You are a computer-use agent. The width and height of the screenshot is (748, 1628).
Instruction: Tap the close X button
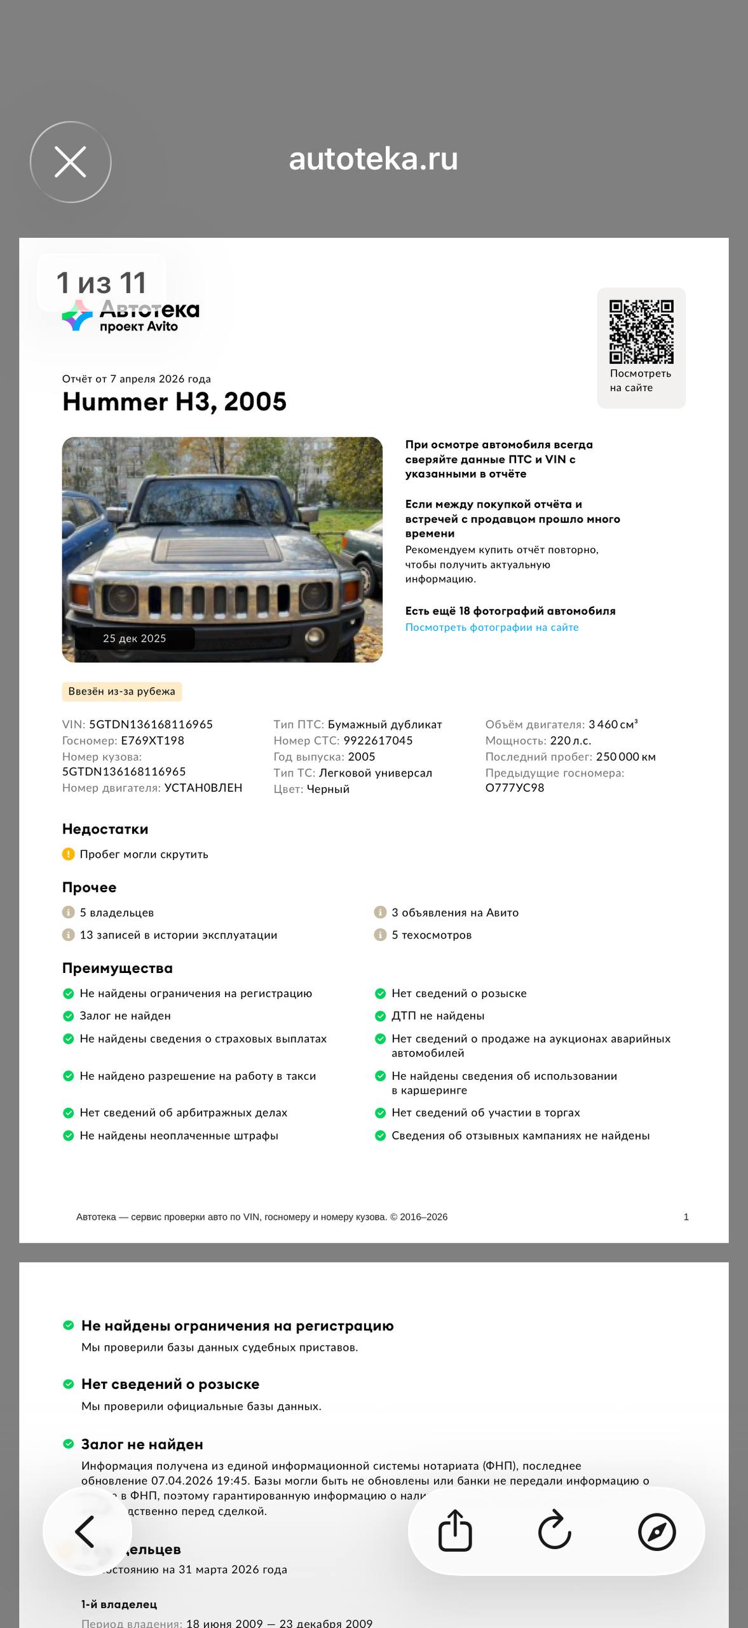[71, 162]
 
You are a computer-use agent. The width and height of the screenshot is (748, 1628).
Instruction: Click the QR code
[641, 331]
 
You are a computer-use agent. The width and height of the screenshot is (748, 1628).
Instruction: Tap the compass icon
[656, 1531]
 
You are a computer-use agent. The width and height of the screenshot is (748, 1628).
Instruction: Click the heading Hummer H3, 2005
[174, 402]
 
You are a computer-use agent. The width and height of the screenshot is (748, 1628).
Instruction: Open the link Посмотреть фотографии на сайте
[492, 627]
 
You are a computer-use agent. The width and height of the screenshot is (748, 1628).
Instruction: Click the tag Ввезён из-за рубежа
[121, 691]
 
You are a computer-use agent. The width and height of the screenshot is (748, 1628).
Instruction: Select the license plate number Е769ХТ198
[153, 740]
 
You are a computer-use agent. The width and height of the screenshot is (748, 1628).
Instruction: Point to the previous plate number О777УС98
[515, 787]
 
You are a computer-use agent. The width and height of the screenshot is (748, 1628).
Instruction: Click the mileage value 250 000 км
[625, 757]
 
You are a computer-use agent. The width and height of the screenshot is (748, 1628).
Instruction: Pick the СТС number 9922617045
[378, 740]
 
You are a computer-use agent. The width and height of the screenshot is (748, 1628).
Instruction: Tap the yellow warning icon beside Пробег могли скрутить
[68, 854]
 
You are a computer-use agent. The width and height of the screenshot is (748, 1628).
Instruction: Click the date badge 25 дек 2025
[135, 638]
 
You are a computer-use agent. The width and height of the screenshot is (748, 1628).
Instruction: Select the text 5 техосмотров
[432, 935]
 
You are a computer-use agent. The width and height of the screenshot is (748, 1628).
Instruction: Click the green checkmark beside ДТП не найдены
[380, 1016]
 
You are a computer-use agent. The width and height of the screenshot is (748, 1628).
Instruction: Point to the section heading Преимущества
[118, 968]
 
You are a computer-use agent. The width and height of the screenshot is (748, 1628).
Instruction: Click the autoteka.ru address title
[373, 159]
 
